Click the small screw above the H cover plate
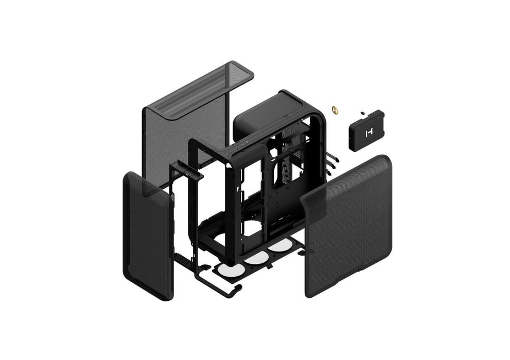pos(362,111)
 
